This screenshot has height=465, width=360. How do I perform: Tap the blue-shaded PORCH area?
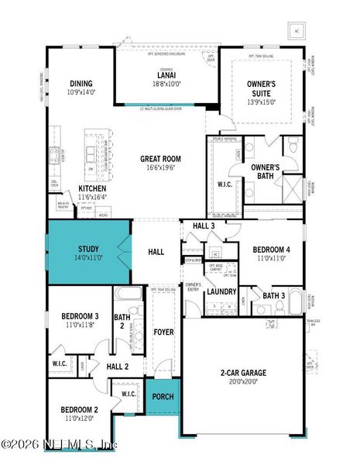163,398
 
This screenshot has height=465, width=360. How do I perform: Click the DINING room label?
81,84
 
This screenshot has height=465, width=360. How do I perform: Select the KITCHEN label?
92,188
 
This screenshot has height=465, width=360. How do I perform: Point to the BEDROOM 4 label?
272,250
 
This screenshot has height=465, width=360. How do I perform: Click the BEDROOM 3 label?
80,315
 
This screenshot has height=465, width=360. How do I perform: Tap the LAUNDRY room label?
222,291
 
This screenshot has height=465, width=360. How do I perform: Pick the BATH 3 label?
273,295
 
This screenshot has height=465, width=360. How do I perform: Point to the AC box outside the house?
296,31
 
